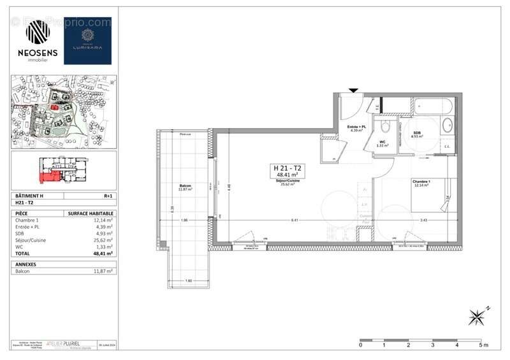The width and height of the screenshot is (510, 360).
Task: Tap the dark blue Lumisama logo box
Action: (88, 40)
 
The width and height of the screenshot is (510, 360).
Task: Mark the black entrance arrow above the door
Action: (353, 90)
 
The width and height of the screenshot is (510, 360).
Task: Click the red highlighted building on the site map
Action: (57, 108)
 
